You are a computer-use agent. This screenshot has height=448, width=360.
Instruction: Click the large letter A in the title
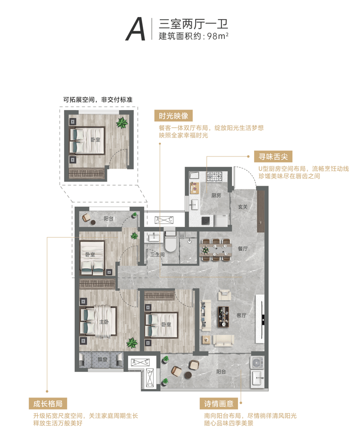pyautogui.click(x=136, y=29)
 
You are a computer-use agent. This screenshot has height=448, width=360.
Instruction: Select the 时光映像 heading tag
pyautogui.click(x=173, y=116)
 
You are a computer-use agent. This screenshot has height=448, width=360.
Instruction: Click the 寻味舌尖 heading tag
pyautogui.click(x=273, y=156)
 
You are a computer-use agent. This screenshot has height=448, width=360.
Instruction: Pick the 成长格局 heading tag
pyautogui.click(x=48, y=404)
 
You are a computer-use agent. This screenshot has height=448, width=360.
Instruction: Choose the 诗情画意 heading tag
pyautogui.click(x=219, y=404)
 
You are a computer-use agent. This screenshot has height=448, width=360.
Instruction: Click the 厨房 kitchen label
pyautogui.click(x=216, y=195)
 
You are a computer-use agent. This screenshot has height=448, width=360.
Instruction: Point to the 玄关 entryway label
pyautogui.click(x=243, y=207)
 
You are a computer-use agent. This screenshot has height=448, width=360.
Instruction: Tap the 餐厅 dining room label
pyautogui.click(x=243, y=249)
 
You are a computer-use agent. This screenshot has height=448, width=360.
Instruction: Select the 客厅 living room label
pyautogui.click(x=241, y=315)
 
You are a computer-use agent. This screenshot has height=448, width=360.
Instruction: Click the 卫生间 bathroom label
pyautogui.click(x=157, y=254)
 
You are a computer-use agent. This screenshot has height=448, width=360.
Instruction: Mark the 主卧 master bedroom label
pyautogui.click(x=104, y=322)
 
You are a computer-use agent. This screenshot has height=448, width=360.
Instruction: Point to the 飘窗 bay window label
pyautogui.click(x=102, y=359)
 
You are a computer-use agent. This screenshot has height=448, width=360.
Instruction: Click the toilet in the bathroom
pyautogui.click(x=170, y=242)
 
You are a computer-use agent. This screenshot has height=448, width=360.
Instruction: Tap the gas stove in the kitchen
pyautogui.click(x=214, y=176)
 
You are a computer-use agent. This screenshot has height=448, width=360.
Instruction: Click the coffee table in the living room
pyautogui.click(x=223, y=316)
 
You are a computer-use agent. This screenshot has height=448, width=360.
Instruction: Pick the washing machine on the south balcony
pyautogui.click(x=257, y=363)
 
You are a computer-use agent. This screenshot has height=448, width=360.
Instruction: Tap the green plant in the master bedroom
pyautogui.click(x=132, y=343)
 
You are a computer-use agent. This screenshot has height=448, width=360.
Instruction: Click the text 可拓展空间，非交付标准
pyautogui.click(x=98, y=100)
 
